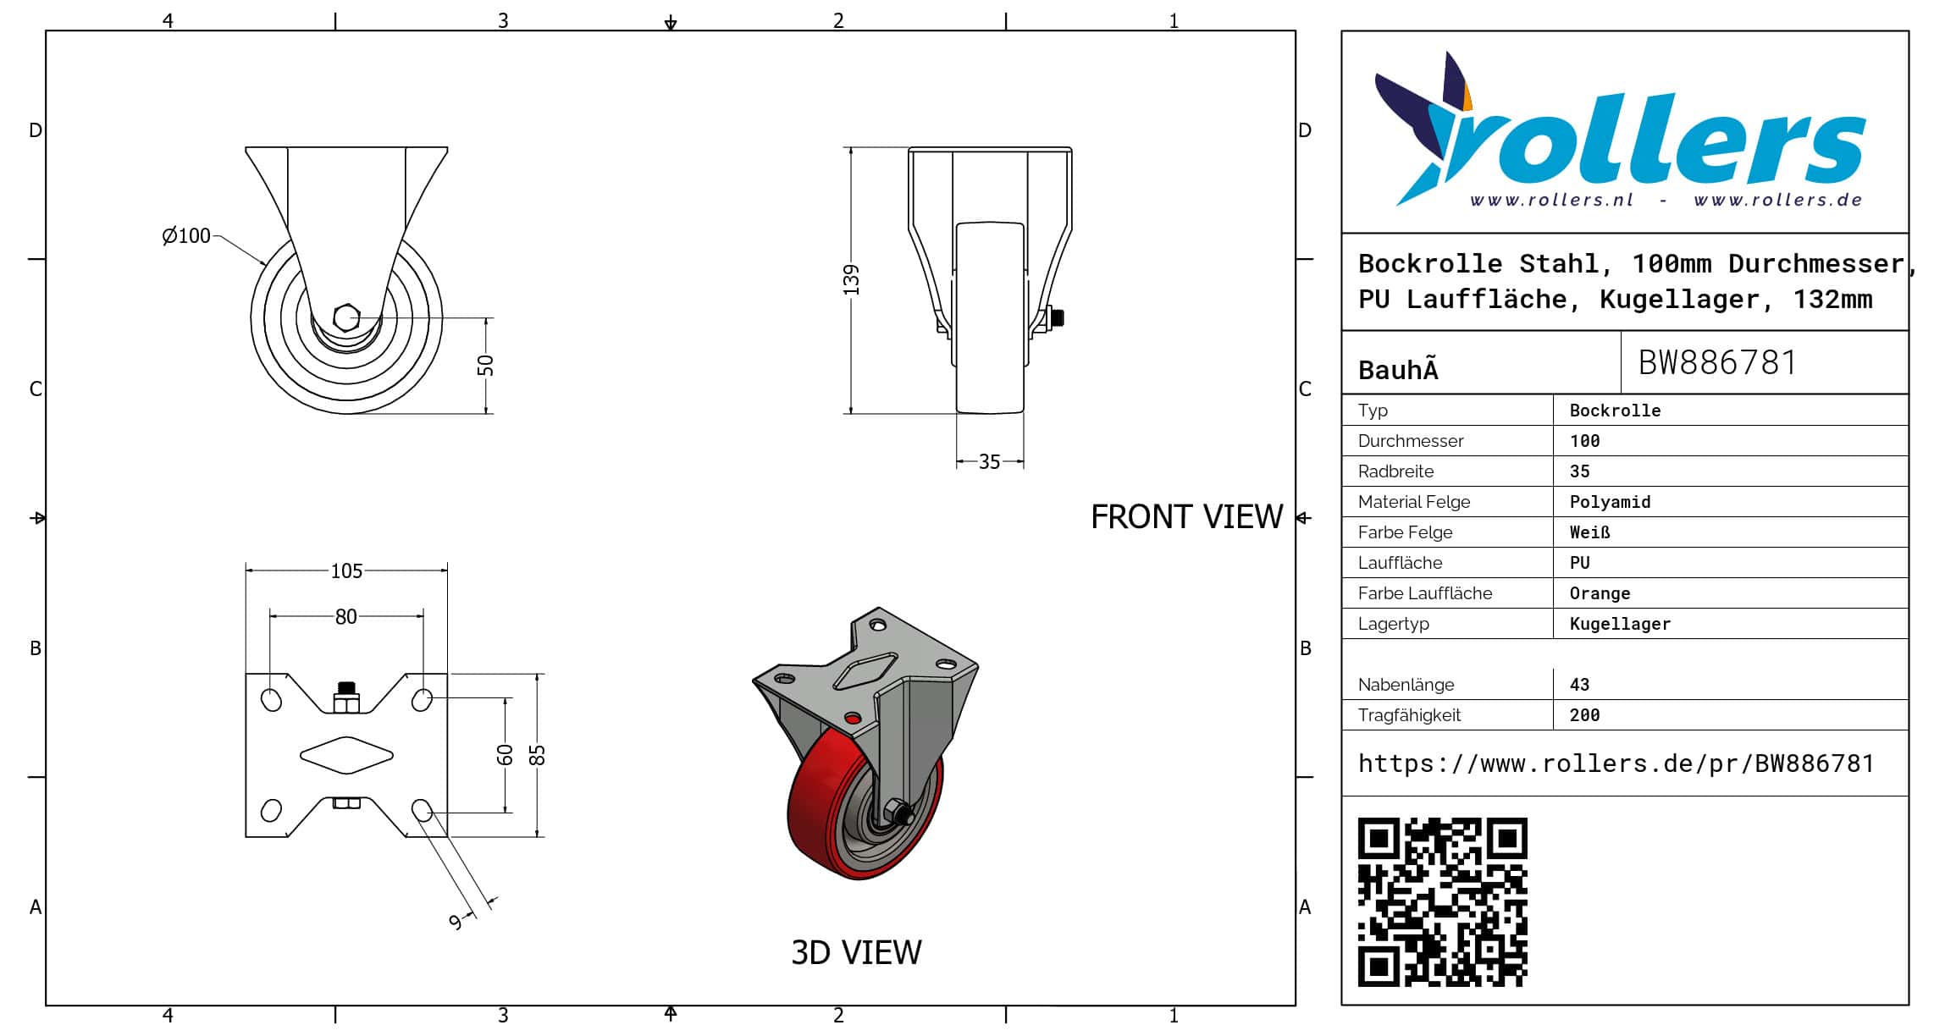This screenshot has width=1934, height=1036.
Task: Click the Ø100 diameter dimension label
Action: click(186, 235)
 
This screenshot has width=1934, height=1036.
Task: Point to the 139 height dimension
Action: click(851, 280)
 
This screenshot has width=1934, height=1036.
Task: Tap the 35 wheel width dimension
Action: click(989, 462)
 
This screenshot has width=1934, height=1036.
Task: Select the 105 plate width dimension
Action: click(346, 571)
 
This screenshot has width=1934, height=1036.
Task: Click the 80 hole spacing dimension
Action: click(345, 617)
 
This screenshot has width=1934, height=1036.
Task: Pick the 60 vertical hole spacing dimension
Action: click(506, 754)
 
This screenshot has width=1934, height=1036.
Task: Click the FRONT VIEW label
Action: click(1186, 517)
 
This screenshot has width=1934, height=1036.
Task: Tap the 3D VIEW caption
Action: click(856, 953)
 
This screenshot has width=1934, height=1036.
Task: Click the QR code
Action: click(1442, 902)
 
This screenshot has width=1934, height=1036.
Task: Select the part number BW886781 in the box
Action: click(1717, 363)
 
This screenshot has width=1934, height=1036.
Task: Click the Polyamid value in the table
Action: click(1610, 502)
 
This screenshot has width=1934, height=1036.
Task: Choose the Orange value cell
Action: click(1600, 593)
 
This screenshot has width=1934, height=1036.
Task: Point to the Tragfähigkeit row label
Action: click(1409, 715)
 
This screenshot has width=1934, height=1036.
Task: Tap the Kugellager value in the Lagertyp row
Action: click(1620, 624)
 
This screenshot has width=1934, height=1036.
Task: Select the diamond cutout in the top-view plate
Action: click(346, 754)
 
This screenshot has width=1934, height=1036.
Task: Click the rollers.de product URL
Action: click(1616, 763)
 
